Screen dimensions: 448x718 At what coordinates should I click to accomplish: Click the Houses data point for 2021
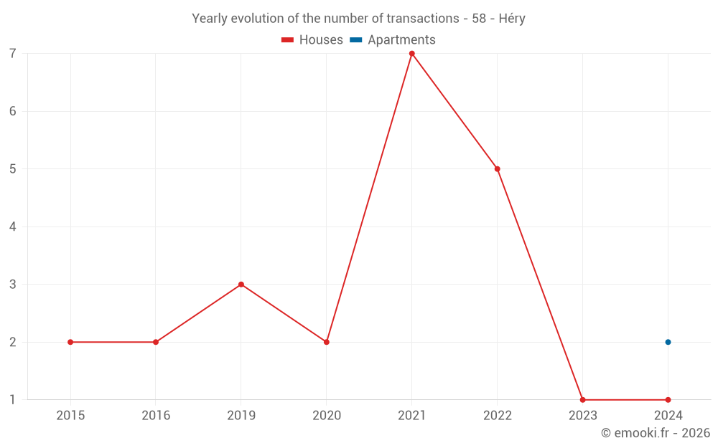click(411, 54)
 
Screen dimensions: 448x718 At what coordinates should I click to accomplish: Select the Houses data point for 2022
click(497, 169)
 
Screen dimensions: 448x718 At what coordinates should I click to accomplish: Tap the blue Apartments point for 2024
click(668, 342)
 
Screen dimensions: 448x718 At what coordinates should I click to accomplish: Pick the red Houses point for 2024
click(668, 400)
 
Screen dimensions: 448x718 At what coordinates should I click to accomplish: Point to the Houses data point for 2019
click(241, 285)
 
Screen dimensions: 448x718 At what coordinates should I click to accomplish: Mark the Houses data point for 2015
click(70, 342)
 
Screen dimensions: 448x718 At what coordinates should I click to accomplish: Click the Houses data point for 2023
click(582, 400)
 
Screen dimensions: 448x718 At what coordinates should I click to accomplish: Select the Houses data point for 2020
click(327, 342)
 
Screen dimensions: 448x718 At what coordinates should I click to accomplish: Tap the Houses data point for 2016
click(156, 342)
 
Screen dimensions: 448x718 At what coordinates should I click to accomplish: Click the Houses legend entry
click(312, 40)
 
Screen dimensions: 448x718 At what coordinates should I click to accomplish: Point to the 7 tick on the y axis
click(13, 54)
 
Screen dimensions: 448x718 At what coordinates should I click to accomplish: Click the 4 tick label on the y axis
click(13, 227)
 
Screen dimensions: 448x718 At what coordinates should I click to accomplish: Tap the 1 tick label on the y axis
click(13, 400)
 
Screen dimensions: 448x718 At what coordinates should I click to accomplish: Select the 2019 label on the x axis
click(241, 416)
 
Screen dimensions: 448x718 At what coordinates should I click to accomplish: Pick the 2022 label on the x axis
click(497, 416)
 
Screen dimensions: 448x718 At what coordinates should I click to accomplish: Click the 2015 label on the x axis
click(70, 416)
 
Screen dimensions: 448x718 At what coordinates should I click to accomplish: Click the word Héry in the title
click(510, 19)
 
